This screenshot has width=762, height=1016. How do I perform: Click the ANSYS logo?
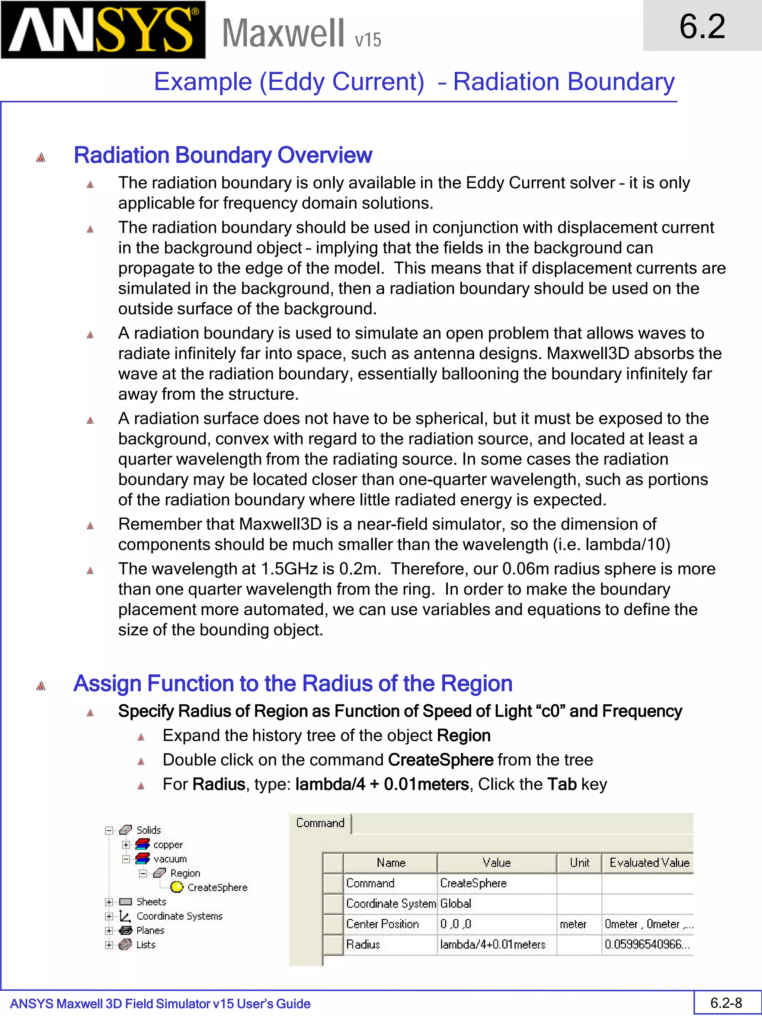point(103,30)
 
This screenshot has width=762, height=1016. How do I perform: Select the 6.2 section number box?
point(702,26)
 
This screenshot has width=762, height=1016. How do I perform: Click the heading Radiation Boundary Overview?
point(223,155)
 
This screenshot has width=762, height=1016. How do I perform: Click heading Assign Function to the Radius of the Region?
point(292,683)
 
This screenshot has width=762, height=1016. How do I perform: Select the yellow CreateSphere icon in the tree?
point(177,887)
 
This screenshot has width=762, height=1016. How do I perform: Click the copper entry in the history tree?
point(168,844)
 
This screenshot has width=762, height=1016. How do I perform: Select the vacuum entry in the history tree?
point(170,859)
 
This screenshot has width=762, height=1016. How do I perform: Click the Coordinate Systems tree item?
point(179,916)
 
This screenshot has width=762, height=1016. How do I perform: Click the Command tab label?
point(320,823)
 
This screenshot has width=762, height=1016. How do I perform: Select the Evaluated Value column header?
point(649,863)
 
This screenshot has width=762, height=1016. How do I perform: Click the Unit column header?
point(579,863)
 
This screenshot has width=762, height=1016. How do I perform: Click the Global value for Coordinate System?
point(456,904)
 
